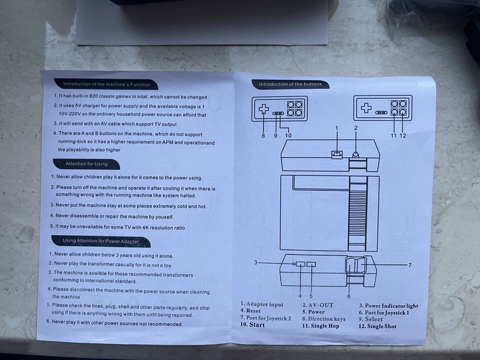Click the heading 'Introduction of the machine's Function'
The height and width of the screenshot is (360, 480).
click(106, 84)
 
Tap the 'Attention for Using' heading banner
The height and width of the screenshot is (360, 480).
click(86, 164)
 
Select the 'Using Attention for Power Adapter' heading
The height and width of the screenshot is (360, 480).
click(101, 241)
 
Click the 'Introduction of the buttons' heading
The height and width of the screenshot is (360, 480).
click(290, 84)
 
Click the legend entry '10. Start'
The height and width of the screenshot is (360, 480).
click(253, 325)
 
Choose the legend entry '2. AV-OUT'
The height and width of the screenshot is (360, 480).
click(318, 305)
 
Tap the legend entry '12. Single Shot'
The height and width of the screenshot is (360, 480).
click(378, 327)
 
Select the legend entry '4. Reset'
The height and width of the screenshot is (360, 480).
click(251, 311)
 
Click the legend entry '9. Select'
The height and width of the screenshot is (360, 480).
click(371, 319)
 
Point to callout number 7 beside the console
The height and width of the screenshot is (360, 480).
click(410, 265)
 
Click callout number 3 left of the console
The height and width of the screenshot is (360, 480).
click(256, 262)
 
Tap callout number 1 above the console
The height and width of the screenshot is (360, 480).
click(337, 128)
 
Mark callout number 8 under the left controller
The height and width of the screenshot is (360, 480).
click(263, 136)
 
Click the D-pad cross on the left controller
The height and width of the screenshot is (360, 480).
click(264, 109)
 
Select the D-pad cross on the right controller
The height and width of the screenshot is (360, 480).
click(366, 108)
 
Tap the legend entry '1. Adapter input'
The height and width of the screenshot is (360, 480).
click(262, 304)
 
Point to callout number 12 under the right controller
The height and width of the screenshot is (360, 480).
click(403, 136)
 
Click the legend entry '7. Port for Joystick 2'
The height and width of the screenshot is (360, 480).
click(265, 318)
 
